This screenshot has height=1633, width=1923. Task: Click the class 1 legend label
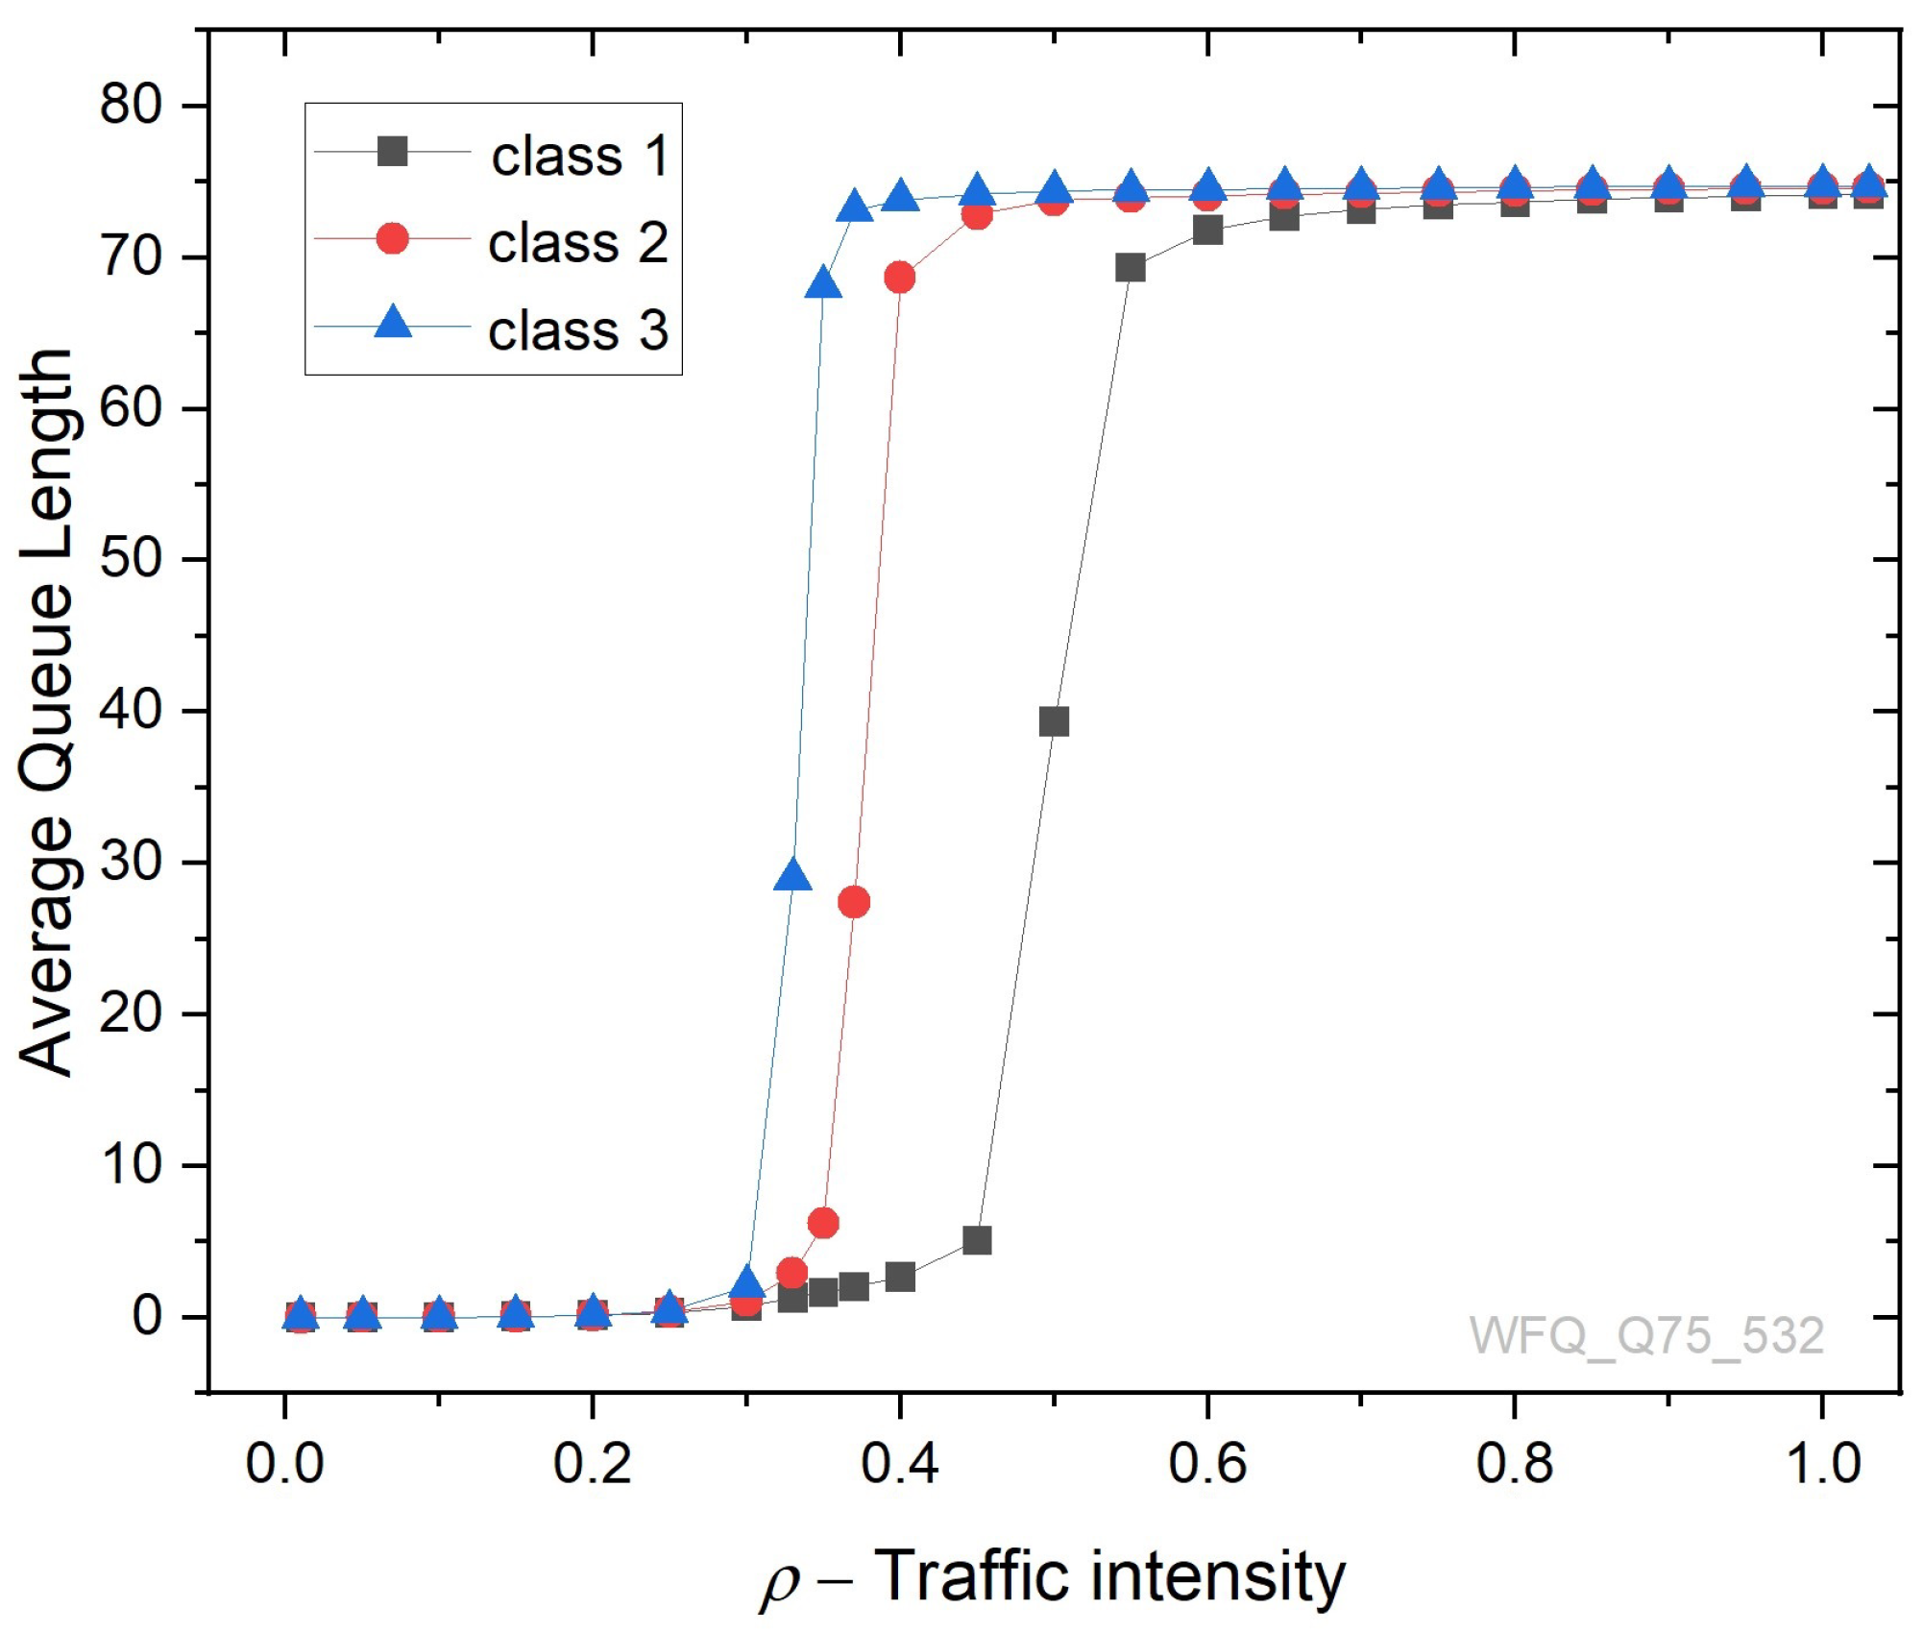(x=579, y=156)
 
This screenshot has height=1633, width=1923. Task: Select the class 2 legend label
(x=577, y=242)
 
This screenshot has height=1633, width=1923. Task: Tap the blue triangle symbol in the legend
(x=392, y=322)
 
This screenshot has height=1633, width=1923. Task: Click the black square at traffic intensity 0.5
(x=1054, y=721)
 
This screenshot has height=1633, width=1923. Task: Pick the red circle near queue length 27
(x=854, y=902)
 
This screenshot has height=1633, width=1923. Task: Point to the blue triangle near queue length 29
(x=792, y=876)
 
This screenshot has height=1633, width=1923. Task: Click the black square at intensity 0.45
(x=977, y=1240)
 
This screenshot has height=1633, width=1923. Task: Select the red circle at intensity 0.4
(x=899, y=278)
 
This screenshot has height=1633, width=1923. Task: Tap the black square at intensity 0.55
(x=1131, y=268)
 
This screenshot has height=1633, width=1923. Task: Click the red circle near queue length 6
(x=823, y=1223)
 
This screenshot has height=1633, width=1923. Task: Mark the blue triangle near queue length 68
(x=823, y=285)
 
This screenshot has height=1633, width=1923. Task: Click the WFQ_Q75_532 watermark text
(x=1646, y=1335)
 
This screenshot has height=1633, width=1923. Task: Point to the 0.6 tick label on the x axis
(x=1206, y=1463)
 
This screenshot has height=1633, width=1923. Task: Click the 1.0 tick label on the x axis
(x=1822, y=1463)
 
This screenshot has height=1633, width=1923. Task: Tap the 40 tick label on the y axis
(x=131, y=710)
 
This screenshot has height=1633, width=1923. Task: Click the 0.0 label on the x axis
(x=284, y=1463)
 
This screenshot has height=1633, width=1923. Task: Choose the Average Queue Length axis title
(x=46, y=711)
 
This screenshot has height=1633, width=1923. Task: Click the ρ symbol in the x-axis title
(x=780, y=1581)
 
